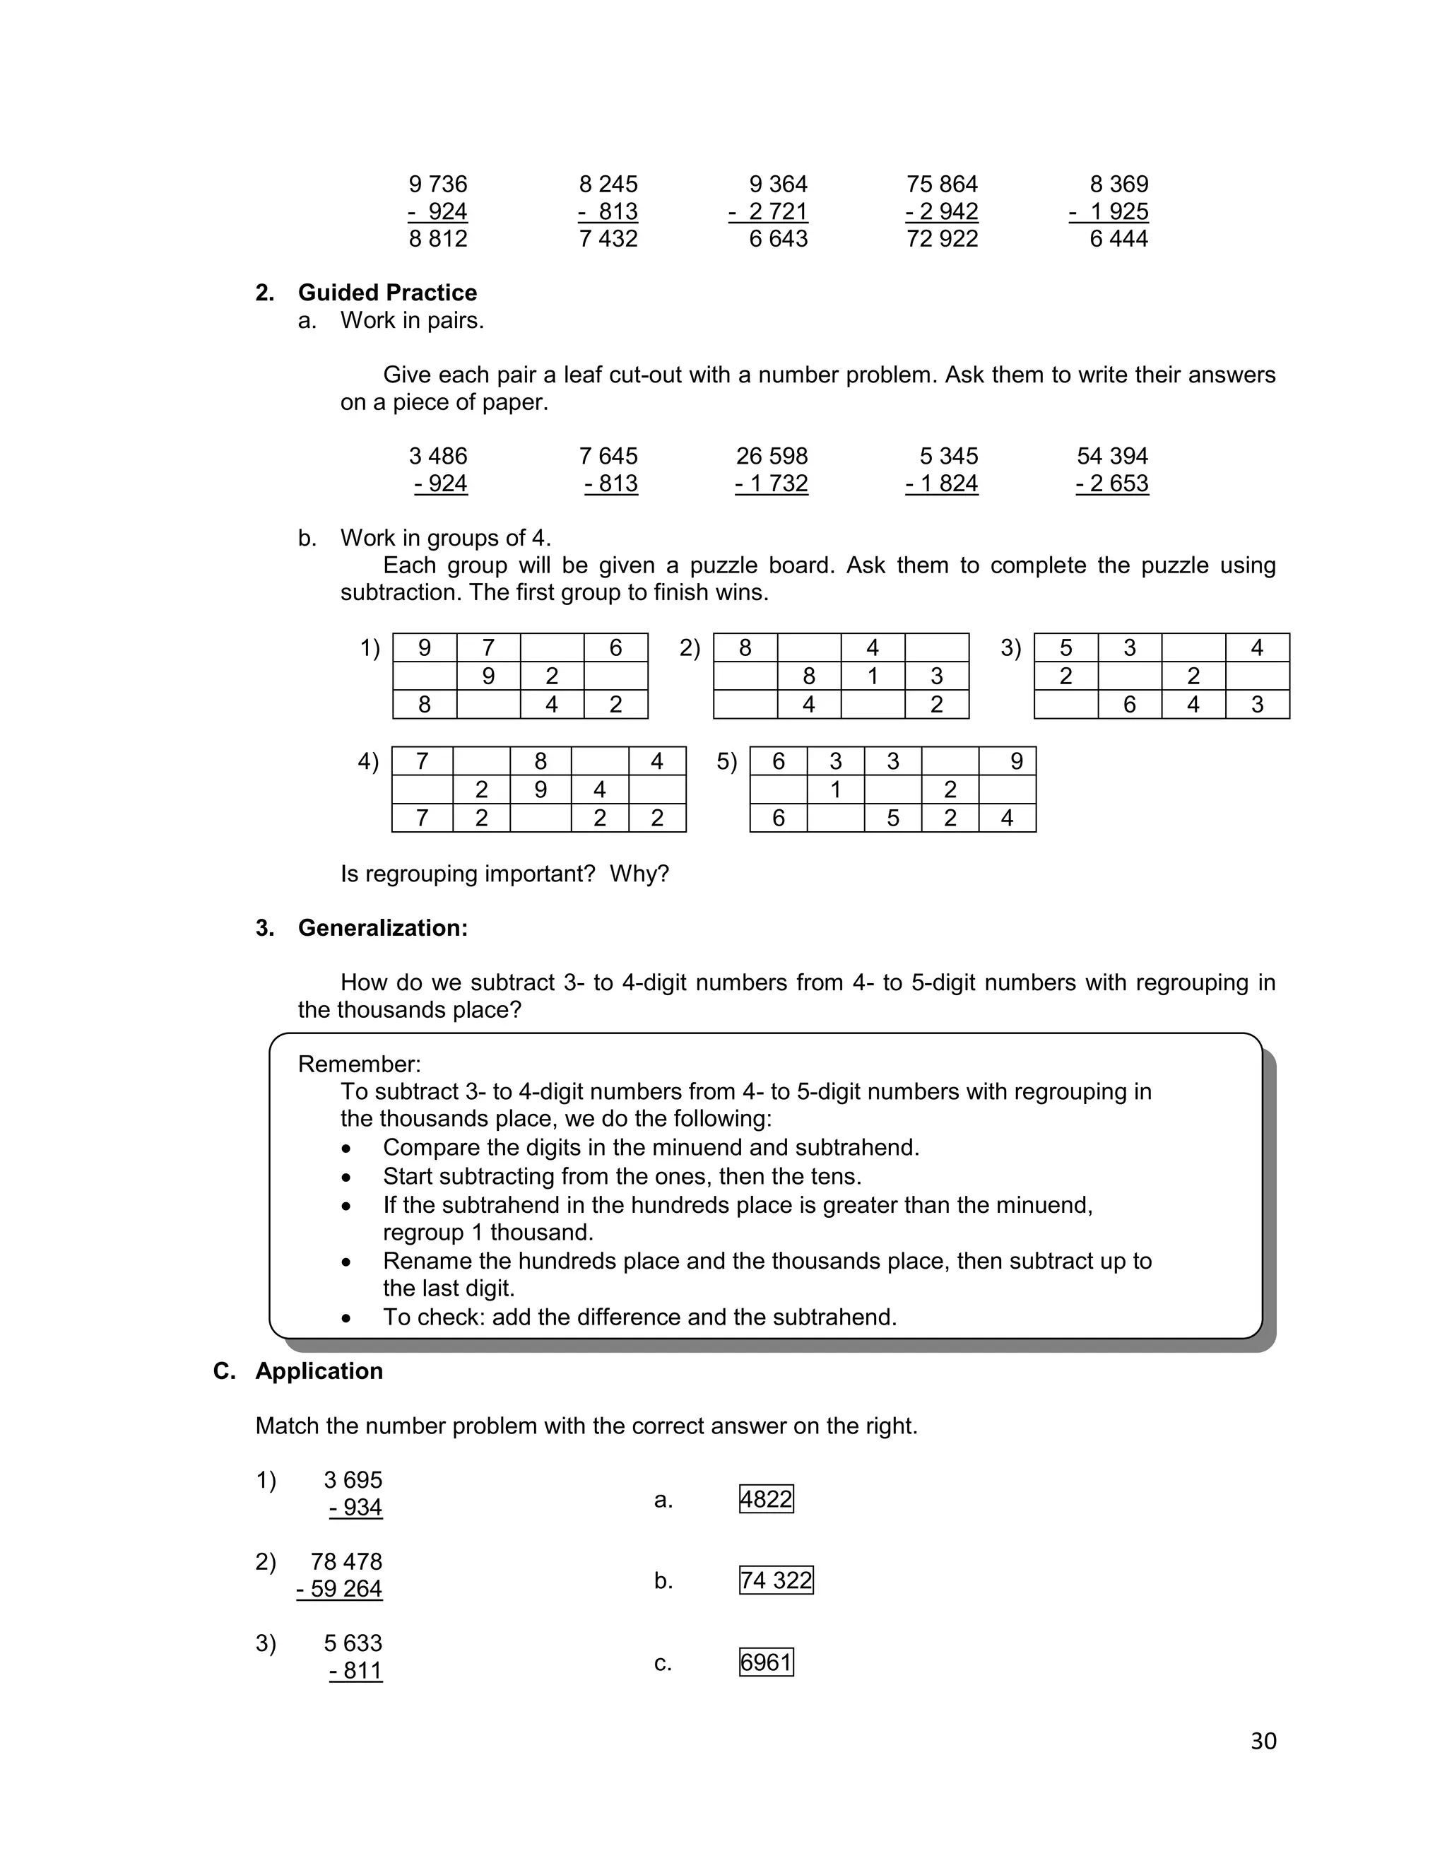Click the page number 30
(1263, 1740)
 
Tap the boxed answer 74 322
(775, 1580)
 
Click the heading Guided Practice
(386, 293)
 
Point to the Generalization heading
(382, 928)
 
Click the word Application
(319, 1370)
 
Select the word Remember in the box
(358, 1064)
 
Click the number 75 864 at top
(941, 184)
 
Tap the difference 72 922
(941, 238)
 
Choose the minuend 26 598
(772, 457)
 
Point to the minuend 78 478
(346, 1562)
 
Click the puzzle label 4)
(367, 761)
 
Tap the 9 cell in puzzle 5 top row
(1016, 761)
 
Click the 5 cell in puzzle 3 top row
(1065, 648)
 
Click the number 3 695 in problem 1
(353, 1480)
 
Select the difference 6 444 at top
(1118, 238)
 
